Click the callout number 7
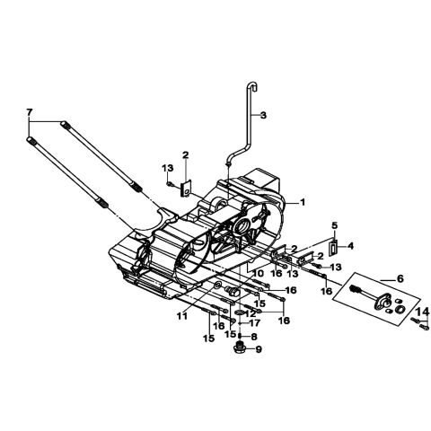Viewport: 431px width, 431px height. [29, 113]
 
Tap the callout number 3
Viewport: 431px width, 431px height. [263, 115]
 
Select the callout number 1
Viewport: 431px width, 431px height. [303, 202]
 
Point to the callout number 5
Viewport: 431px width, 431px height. [334, 225]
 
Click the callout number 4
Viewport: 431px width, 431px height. [350, 246]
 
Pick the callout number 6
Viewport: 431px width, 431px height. [400, 278]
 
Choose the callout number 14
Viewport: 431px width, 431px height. [424, 312]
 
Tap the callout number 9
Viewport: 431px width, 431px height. [259, 349]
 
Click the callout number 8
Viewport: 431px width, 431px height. [254, 337]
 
